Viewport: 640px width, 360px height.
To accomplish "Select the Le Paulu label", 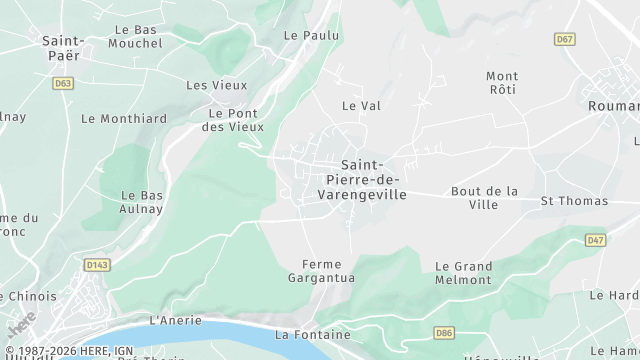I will click(311, 35).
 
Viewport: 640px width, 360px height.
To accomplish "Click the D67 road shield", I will click(565, 39).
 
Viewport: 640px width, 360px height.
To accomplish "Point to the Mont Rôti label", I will click(502, 83).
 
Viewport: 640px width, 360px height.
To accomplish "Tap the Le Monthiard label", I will click(124, 118).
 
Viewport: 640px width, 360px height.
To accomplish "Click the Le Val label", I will click(361, 105).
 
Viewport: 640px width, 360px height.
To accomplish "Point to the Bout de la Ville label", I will click(484, 197).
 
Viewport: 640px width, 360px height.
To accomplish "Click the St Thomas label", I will click(574, 201).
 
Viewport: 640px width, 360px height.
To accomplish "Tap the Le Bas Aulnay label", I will click(142, 202).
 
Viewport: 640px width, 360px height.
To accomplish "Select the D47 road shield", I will click(595, 240).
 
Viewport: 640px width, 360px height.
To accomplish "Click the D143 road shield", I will click(96, 265).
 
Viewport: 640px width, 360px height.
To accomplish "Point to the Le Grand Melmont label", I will click(463, 273).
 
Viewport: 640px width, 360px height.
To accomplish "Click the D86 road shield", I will click(444, 331).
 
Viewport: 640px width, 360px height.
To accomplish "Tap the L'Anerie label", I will click(175, 320).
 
